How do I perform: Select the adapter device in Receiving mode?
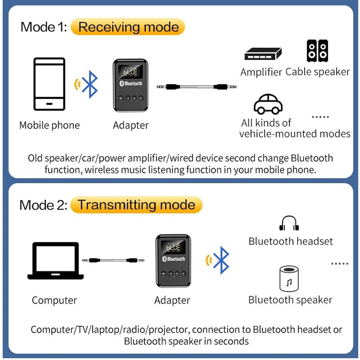point(131,85)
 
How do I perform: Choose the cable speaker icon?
point(317,51)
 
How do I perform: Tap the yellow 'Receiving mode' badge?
point(128,27)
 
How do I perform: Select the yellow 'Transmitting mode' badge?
point(136,205)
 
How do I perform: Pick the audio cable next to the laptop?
point(113,260)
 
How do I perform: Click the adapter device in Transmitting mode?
point(172,261)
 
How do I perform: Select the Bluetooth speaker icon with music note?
point(289,279)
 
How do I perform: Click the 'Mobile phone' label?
point(49,125)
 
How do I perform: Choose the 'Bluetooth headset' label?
point(291,241)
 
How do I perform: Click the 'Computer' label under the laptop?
point(54,300)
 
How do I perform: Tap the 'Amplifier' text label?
point(261,72)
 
